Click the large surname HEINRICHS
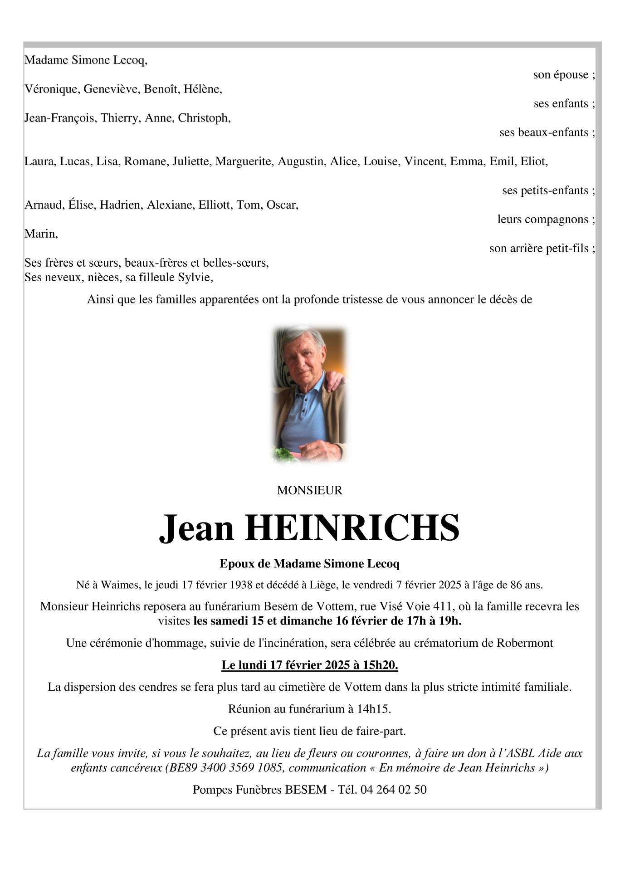352,528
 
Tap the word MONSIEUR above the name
309,490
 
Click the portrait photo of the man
309,394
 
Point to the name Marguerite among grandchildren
244,161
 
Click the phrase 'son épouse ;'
564,74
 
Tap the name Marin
41,234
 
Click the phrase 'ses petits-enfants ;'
548,190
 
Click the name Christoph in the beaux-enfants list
204,118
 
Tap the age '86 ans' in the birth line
526,585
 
